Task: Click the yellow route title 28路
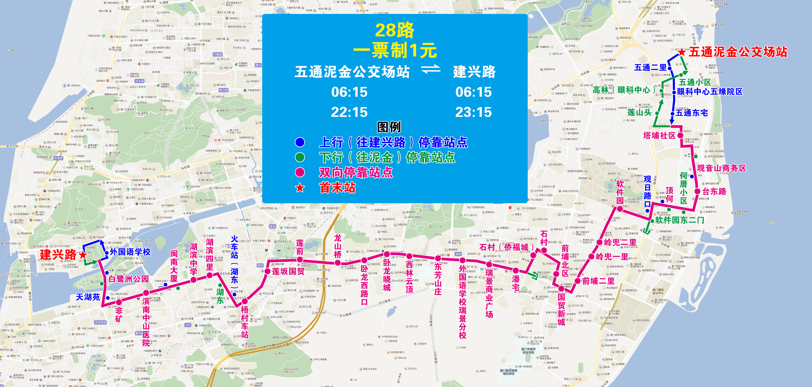pyautogui.click(x=394, y=30)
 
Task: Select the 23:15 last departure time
pyautogui.click(x=473, y=112)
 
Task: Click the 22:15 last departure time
pyautogui.click(x=349, y=112)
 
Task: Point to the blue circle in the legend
pyautogui.click(x=300, y=142)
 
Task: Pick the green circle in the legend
pyautogui.click(x=300, y=157)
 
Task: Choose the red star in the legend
pyautogui.click(x=300, y=188)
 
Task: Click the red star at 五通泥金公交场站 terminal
pyautogui.click(x=682, y=52)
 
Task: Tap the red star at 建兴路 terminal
pyautogui.click(x=83, y=255)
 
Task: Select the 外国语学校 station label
pyautogui.click(x=130, y=252)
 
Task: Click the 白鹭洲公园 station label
pyautogui.click(x=129, y=279)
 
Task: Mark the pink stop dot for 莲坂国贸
pyautogui.click(x=267, y=271)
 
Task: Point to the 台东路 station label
pyautogui.click(x=714, y=191)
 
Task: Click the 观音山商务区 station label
pyautogui.click(x=721, y=168)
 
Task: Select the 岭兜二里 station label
pyautogui.click(x=620, y=242)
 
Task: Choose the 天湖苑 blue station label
pyautogui.click(x=88, y=297)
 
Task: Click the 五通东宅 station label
pyautogui.click(x=692, y=113)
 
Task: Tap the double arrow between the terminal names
pyautogui.click(x=431, y=69)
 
